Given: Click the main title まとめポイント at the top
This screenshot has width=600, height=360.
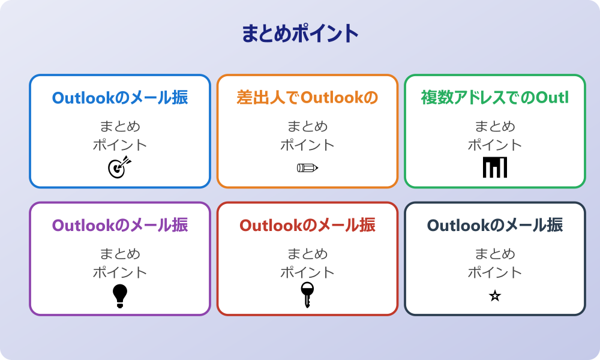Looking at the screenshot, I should (300, 34).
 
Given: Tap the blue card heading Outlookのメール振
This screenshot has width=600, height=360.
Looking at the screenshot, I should (120, 97).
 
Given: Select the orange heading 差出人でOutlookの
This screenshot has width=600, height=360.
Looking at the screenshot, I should (307, 97).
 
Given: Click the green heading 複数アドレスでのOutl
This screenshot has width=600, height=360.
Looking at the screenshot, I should (494, 97).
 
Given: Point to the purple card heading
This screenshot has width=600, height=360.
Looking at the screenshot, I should (120, 225).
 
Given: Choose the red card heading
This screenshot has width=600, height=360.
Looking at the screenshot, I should (307, 225).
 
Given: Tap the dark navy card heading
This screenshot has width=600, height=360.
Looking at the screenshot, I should (494, 225).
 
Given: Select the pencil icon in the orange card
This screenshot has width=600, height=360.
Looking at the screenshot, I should (307, 167).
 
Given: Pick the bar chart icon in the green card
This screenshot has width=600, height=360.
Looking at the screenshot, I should (495, 167).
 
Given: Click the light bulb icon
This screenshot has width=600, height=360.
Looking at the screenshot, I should (120, 295).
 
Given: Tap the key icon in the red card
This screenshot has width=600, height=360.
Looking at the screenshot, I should (307, 295).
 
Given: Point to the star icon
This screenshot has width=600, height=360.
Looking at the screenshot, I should (495, 296).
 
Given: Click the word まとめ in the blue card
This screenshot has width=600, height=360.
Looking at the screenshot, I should (120, 127).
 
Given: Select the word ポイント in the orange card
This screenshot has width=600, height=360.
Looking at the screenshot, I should (307, 145).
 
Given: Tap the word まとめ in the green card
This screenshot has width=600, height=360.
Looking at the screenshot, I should (495, 127).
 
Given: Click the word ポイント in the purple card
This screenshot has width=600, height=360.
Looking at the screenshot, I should (120, 272).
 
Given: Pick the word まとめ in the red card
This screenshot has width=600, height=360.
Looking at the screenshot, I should (307, 254).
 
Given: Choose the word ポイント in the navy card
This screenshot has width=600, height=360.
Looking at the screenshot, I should (495, 272).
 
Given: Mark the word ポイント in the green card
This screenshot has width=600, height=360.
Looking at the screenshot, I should (495, 145).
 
